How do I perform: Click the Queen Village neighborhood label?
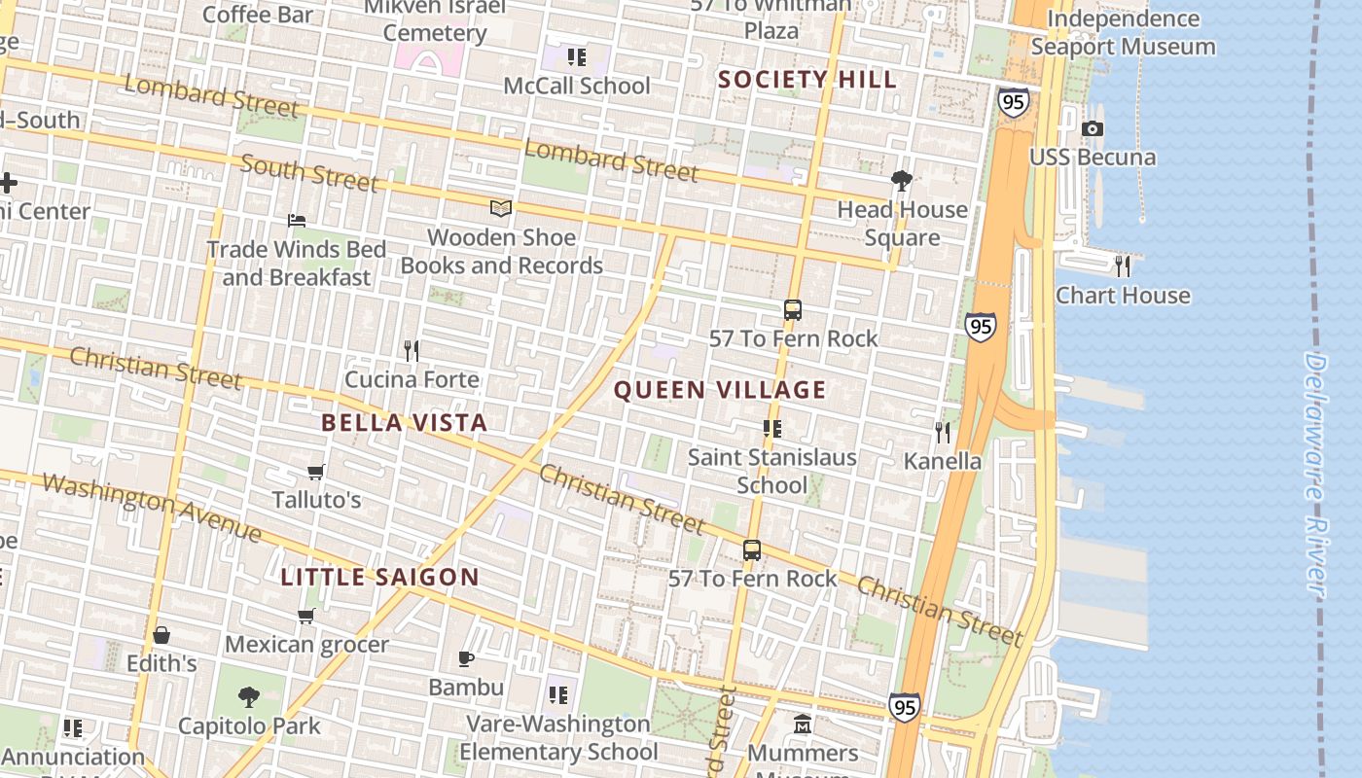pos(720,390)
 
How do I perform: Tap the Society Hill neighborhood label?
pos(807,80)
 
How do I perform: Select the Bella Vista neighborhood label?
pos(404,422)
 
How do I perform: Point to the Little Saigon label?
pos(380,577)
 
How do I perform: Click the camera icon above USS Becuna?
pos(1093,128)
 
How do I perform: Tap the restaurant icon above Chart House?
pos(1123,265)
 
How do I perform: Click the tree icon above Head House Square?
pos(902,180)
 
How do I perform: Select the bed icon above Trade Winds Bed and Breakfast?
pos(297,221)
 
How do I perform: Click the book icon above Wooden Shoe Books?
pos(501,208)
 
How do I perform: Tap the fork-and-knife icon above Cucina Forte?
pos(412,349)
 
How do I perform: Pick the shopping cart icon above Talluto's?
pos(315,472)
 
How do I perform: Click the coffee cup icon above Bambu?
pos(466,658)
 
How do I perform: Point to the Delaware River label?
pos(1315,474)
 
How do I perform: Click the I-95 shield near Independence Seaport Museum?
pos(1013,102)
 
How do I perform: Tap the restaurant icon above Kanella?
pos(942,431)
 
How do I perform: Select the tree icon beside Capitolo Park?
pos(249,696)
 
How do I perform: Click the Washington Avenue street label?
pos(151,507)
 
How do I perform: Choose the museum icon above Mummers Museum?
pos(803,725)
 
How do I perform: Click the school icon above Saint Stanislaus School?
pos(772,428)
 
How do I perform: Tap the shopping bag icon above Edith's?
pos(161,635)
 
